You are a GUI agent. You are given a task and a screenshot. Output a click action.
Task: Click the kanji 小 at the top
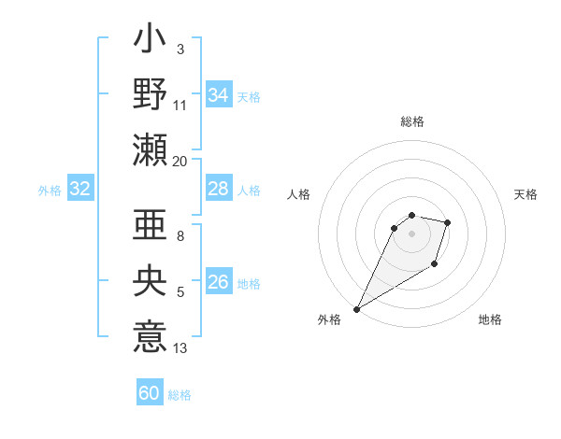[150, 42]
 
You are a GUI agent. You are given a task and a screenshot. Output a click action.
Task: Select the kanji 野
[150, 94]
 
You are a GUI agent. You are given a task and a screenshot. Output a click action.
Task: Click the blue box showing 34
[219, 95]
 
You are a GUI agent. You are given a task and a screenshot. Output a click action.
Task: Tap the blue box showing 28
[219, 190]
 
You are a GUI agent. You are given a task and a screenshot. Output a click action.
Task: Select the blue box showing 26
[219, 282]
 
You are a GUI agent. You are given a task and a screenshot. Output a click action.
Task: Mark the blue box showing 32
[80, 190]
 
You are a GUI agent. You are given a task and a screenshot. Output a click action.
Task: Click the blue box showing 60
[150, 393]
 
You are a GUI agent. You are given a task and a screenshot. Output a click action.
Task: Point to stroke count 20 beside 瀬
[180, 161]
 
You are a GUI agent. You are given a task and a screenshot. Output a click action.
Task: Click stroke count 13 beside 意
[180, 348]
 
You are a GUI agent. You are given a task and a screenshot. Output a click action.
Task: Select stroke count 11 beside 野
[180, 106]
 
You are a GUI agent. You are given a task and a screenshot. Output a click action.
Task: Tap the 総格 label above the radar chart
[411, 122]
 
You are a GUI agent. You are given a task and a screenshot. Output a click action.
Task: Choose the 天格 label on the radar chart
[525, 194]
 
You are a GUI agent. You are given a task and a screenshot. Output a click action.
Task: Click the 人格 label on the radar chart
[299, 194]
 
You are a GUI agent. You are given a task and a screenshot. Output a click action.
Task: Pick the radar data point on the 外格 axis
[356, 309]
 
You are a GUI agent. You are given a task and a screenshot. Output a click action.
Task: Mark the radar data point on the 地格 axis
[435, 265]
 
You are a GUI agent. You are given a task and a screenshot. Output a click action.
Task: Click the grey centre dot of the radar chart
[411, 234]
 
